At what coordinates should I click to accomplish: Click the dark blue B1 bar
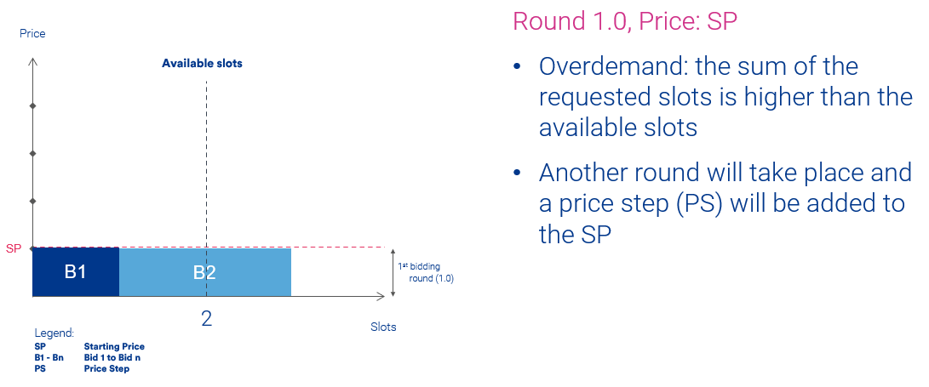(76, 271)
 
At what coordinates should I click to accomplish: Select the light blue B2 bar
(205, 271)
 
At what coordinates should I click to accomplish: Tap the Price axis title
(32, 34)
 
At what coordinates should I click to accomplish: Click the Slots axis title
(383, 327)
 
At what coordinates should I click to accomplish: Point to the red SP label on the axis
(14, 248)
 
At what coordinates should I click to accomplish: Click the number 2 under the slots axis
(206, 319)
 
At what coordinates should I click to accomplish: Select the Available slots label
(202, 63)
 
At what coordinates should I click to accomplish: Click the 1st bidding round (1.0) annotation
(426, 272)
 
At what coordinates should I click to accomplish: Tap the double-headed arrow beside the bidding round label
(393, 272)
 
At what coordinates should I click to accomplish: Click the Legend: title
(54, 333)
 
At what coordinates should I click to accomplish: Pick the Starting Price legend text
(114, 347)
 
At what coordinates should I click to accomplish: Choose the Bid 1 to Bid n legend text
(112, 357)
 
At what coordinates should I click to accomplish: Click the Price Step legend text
(106, 368)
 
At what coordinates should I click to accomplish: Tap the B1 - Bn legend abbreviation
(49, 357)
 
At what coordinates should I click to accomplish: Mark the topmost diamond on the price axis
(32, 106)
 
